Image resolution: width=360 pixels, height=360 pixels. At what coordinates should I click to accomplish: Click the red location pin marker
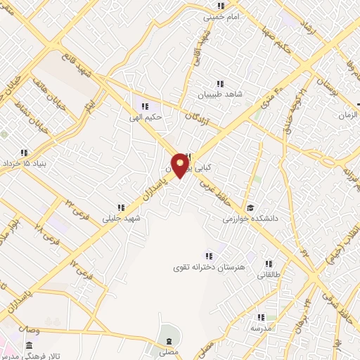point(180,166)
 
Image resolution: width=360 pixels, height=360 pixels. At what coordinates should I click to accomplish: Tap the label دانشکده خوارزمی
point(251,219)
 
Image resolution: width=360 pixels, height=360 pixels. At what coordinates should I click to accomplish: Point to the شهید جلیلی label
point(122,219)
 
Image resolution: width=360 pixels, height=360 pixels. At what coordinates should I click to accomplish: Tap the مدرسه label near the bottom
point(262,328)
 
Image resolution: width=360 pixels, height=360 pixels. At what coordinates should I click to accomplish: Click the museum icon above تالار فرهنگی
point(29,346)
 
